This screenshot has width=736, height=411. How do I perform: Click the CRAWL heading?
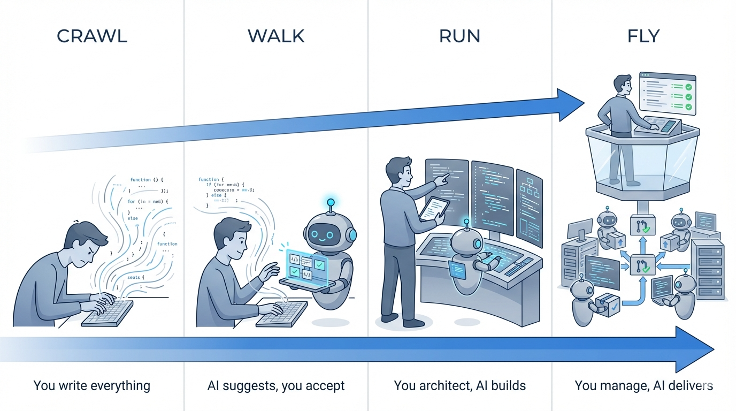click(x=92, y=36)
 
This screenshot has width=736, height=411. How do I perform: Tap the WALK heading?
click(x=276, y=36)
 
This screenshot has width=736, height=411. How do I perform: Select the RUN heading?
click(x=459, y=36)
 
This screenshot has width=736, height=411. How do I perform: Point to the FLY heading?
click(x=643, y=36)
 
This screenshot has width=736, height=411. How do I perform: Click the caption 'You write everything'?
click(x=92, y=385)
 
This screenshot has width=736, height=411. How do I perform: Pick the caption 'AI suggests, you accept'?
click(x=276, y=385)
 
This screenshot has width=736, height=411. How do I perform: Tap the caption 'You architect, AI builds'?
click(x=459, y=385)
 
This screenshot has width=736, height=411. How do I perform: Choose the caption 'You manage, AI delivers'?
click(x=643, y=385)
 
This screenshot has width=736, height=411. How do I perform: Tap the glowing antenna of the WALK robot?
click(x=330, y=203)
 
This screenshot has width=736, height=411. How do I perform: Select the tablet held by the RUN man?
click(x=434, y=208)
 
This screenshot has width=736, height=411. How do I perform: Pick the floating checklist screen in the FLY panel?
click(x=668, y=94)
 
